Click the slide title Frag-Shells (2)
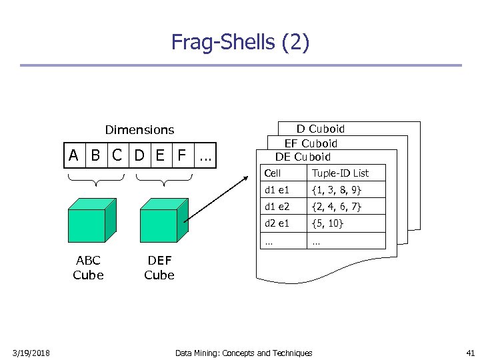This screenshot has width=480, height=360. click(240, 42)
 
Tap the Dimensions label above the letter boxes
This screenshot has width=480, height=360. click(139, 130)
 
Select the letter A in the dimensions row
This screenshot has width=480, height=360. click(75, 156)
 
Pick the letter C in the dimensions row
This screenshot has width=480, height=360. click(117, 156)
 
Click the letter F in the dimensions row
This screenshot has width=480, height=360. click(181, 156)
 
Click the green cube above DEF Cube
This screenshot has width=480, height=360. click(160, 221)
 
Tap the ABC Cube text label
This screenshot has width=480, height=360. click(88, 267)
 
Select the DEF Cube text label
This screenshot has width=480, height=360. click(159, 267)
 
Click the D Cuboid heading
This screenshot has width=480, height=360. click(321, 129)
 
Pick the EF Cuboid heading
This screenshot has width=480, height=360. click(311, 143)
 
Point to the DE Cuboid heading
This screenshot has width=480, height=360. click(303, 157)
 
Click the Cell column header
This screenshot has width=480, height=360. click(273, 173)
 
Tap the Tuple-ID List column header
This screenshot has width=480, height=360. click(340, 173)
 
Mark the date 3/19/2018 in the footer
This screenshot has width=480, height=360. click(31, 353)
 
